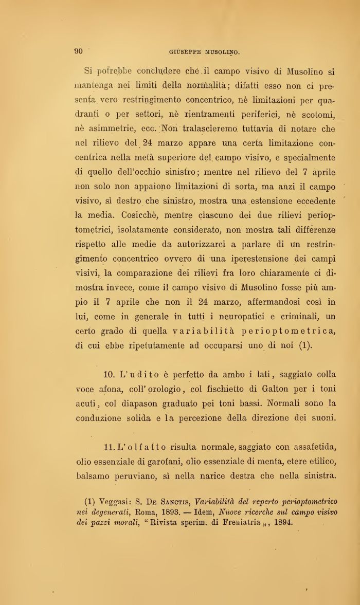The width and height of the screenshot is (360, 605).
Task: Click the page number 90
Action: coord(79,51)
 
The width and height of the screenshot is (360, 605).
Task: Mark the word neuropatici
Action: coord(223,317)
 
